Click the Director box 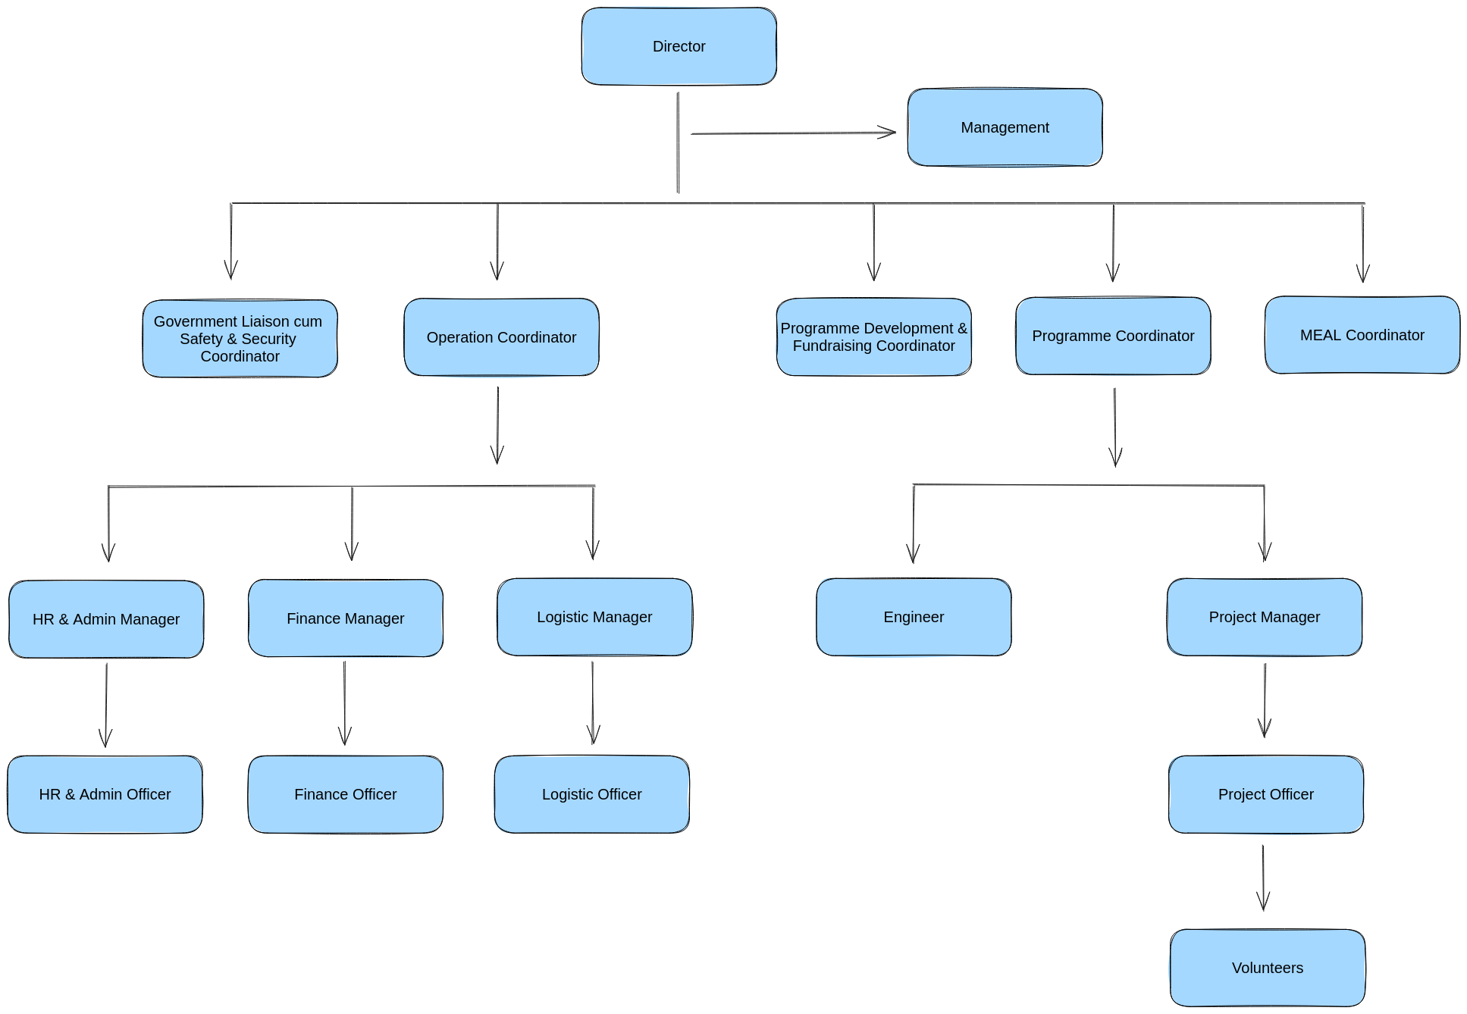click(679, 46)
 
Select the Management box click(1005, 127)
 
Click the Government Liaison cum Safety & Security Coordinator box click(240, 339)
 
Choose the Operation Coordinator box click(501, 337)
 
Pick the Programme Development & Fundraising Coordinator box click(873, 337)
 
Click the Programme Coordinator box click(1112, 336)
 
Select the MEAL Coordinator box click(1362, 335)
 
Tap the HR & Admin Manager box click(106, 619)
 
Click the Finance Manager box click(345, 618)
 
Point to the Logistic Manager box click(594, 617)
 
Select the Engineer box click(914, 617)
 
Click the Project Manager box click(1264, 617)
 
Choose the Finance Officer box click(345, 794)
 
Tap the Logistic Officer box click(591, 794)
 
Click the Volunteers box click(1267, 968)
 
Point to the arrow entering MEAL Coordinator click(1362, 243)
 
